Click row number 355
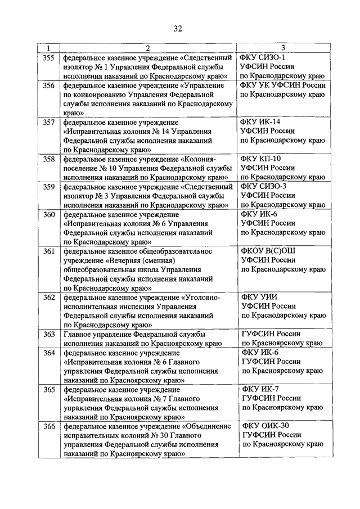49,57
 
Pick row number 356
49,85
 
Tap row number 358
49,159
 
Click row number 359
49,186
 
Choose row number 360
49,214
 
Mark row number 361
49,251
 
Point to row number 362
49,297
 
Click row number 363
49,334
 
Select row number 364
49,353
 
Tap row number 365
49,389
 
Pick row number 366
49,426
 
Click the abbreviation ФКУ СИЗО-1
263,57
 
